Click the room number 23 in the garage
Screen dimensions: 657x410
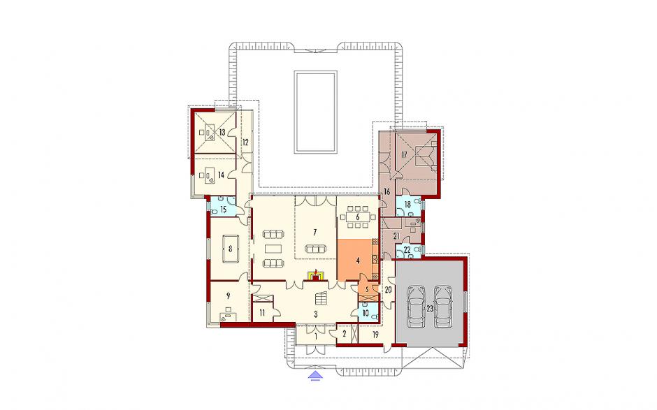tap(430, 308)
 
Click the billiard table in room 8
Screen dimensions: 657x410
tap(230, 249)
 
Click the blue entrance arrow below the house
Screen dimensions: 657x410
tap(316, 375)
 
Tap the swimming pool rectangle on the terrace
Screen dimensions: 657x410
tap(315, 112)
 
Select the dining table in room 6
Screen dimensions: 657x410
tap(357, 217)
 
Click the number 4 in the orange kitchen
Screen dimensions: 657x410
tap(357, 261)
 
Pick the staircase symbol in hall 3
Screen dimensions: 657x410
tap(321, 298)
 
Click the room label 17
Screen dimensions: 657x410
tap(404, 154)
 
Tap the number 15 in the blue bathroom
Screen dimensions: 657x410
tap(223, 209)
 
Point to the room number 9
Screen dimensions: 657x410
tap(228, 295)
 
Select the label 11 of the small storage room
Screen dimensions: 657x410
tap(261, 312)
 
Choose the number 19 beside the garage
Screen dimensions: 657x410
tap(375, 335)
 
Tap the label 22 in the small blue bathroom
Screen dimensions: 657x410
tap(407, 251)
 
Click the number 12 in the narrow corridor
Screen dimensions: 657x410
tap(245, 142)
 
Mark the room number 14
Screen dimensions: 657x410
tap(221, 175)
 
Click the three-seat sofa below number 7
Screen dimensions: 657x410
tap(315, 249)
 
